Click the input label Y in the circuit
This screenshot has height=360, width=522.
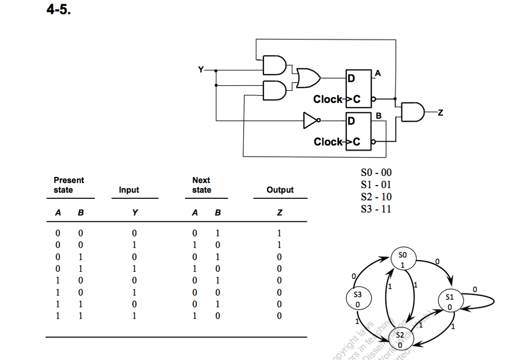point(201,69)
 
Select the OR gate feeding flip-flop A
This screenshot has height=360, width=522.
point(308,78)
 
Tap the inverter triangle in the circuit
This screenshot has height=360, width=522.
point(310,120)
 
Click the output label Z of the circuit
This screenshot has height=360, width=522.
point(440,112)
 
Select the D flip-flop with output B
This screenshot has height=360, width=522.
point(358,130)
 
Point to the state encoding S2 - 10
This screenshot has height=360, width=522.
point(376,197)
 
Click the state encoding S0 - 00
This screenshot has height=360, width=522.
point(376,173)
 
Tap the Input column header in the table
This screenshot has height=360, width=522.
point(128,190)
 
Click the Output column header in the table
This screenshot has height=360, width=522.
point(280,190)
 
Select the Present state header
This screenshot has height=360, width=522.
point(68,185)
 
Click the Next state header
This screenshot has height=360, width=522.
point(201,185)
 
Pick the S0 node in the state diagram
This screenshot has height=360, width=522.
point(403,260)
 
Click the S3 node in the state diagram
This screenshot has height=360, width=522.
point(358,299)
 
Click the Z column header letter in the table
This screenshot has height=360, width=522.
point(279,213)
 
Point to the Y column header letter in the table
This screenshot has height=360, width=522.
point(134,213)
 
